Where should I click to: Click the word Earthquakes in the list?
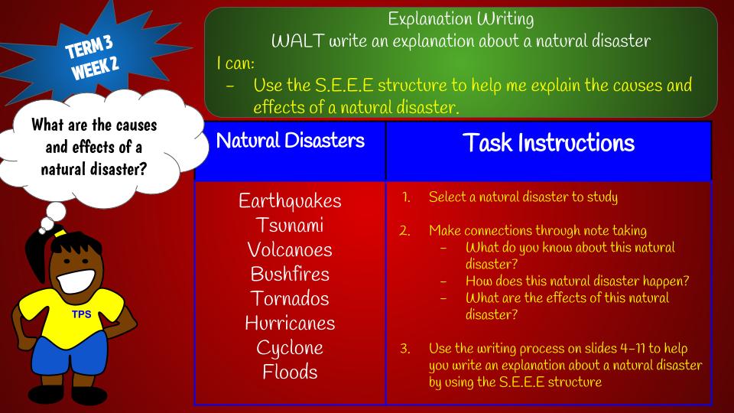coord(290,201)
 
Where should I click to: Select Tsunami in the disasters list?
coord(290,225)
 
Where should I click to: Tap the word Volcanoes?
coord(290,249)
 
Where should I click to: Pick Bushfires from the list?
coord(290,274)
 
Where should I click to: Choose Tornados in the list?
coord(290,298)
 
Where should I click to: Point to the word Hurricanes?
coord(290,323)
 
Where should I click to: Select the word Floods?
coord(290,372)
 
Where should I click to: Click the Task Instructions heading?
coord(549,142)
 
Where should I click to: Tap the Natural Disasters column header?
coord(291,141)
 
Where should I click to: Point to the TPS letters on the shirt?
coord(82,314)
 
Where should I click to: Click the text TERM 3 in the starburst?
coord(89,47)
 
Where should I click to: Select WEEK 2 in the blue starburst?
coord(95,69)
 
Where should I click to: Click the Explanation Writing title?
coord(460,19)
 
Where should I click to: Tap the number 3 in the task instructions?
coord(404,349)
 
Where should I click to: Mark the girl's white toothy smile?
coord(76,281)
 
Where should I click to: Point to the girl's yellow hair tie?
coord(60,233)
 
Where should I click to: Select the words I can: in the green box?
coord(235,63)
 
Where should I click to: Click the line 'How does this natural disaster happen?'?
coord(577,281)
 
